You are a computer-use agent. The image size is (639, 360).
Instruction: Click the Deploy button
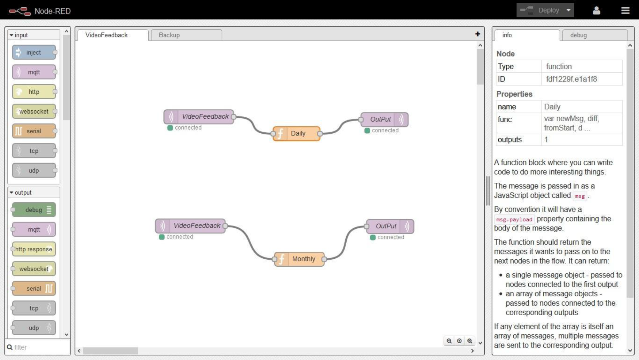coord(545,10)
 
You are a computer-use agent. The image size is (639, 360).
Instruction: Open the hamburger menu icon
coord(625,10)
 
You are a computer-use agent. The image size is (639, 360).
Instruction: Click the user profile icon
coord(597,10)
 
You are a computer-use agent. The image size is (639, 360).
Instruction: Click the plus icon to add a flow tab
coord(478,34)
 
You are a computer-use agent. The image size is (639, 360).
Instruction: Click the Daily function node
coord(297,133)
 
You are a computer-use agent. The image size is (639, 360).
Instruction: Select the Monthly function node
coord(299,259)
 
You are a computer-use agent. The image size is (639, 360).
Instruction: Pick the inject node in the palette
coord(34,53)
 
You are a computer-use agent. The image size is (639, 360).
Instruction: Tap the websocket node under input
coord(34,111)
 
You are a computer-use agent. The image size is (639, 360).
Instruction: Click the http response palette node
coord(34,249)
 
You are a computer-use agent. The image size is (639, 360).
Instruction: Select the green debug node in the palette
coord(34,210)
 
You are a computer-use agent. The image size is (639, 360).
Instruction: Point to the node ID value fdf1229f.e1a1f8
coord(571,79)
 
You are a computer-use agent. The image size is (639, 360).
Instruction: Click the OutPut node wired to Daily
coord(385,119)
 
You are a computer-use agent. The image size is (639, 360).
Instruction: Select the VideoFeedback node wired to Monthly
coord(190,226)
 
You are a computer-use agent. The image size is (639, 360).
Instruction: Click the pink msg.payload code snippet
coord(514,219)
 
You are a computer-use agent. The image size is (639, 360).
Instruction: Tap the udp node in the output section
coord(34,328)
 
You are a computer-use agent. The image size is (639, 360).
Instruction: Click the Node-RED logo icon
coord(20,11)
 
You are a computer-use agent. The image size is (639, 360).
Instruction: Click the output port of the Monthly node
coord(324,259)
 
